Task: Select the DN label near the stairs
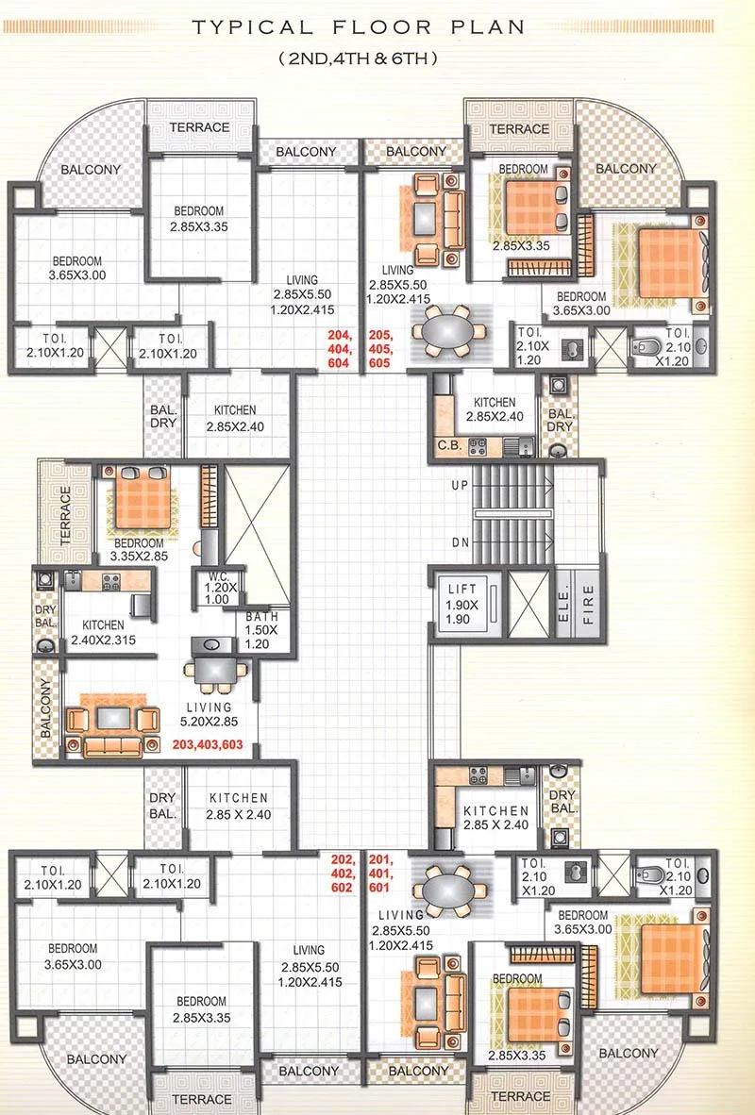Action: [460, 543]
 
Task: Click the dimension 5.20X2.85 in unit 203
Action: [209, 722]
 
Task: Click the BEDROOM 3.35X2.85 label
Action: [139, 550]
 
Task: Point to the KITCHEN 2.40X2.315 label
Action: [104, 632]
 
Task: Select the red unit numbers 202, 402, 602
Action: [341, 874]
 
